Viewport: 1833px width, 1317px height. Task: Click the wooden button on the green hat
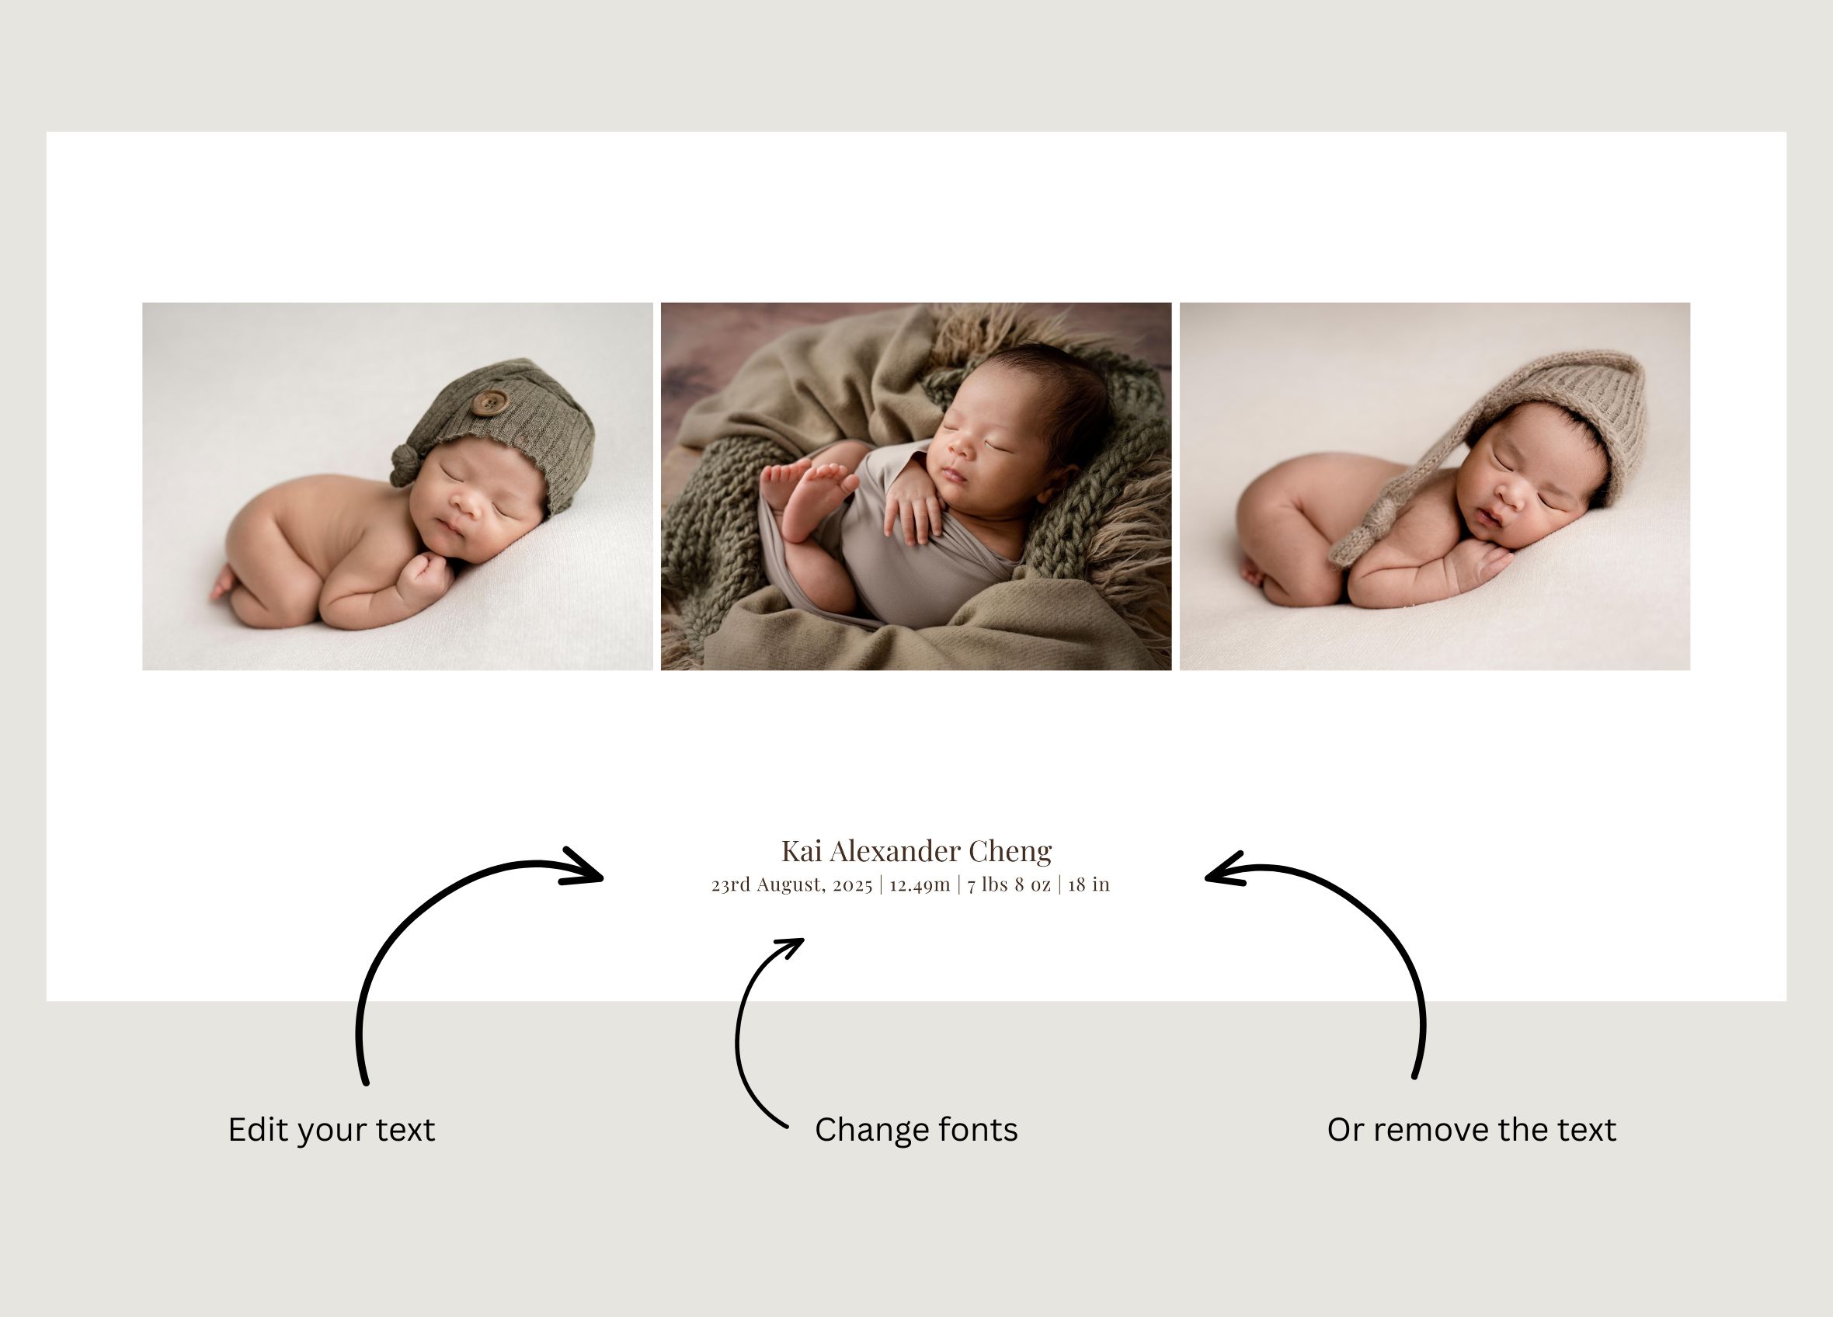tap(489, 401)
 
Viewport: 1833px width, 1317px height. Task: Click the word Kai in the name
tap(802, 851)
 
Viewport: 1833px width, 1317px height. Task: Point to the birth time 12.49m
tap(920, 884)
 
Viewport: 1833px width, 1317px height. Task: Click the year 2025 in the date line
tap(853, 885)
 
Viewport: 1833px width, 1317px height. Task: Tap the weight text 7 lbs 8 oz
tap(1009, 884)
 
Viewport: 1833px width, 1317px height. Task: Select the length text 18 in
tap(1089, 884)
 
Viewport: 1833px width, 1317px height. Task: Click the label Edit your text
tap(332, 1130)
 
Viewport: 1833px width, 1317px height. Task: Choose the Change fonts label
tap(916, 1130)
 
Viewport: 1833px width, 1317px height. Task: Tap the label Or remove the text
tap(1472, 1130)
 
